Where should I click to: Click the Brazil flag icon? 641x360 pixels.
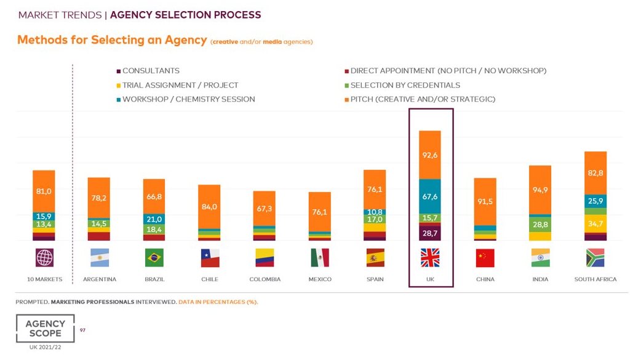[x=154, y=257]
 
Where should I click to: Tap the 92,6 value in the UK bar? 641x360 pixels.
[x=431, y=155]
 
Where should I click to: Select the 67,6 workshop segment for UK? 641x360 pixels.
[x=431, y=196]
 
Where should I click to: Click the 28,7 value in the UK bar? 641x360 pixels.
[x=431, y=233]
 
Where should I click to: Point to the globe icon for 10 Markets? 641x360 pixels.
[x=44, y=257]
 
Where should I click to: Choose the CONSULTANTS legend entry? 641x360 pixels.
[x=151, y=71]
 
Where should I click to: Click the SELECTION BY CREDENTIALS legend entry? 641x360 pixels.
[x=405, y=85]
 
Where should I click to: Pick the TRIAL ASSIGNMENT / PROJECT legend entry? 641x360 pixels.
[x=180, y=85]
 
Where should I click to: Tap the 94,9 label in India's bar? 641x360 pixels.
[x=541, y=190]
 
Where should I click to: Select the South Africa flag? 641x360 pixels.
[x=595, y=257]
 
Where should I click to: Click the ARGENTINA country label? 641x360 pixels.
[x=99, y=279]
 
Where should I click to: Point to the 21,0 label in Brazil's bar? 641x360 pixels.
[x=154, y=219]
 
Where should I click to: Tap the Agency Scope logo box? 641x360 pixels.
[x=45, y=329]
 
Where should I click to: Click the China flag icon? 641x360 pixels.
[x=485, y=257]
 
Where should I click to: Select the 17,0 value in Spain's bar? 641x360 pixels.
[x=375, y=219]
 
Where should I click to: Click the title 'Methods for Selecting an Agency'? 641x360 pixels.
[x=112, y=40]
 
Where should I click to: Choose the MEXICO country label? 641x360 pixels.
[x=319, y=279]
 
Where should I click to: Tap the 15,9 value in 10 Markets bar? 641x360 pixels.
[x=44, y=216]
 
